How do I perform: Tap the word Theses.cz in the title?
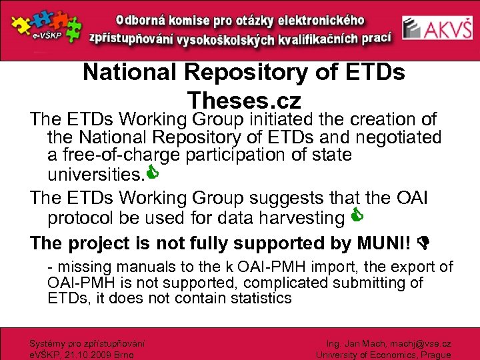coord(244,101)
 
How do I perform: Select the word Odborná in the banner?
coord(145,19)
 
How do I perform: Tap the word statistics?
coord(260,298)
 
